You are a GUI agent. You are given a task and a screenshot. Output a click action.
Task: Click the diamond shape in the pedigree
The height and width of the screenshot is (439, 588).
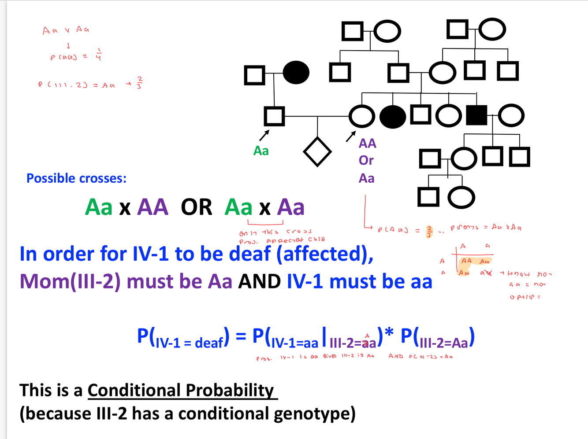tap(317, 152)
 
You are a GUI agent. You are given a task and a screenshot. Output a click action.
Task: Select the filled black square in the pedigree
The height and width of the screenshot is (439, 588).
tap(476, 115)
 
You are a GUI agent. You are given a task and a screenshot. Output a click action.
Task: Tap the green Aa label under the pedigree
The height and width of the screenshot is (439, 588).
tap(261, 151)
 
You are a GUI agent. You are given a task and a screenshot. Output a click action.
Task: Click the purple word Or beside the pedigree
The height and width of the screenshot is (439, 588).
tap(366, 160)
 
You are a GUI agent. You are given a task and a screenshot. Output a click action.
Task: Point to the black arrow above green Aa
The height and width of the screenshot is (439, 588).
tap(264, 134)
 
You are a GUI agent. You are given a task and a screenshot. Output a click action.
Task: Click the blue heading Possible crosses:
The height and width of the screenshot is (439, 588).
tap(76, 178)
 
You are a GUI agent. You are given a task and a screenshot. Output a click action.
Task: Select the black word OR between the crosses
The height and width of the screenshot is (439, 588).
tap(196, 207)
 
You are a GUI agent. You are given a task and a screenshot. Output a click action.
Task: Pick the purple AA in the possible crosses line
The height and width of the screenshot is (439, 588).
tap(153, 207)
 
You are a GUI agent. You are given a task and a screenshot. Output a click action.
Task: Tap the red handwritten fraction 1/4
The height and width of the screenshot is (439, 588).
tap(99, 55)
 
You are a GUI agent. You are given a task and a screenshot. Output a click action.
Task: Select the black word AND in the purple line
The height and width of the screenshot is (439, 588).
tap(259, 282)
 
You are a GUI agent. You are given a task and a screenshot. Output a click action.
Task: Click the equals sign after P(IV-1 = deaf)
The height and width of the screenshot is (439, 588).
tap(241, 337)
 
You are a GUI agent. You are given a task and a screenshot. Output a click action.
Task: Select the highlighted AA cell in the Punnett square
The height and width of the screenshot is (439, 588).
tap(466, 261)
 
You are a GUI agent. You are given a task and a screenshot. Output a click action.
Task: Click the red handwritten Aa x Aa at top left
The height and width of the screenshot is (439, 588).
tap(66, 30)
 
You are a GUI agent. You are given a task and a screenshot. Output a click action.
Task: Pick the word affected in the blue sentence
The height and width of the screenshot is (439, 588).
tap(325, 254)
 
